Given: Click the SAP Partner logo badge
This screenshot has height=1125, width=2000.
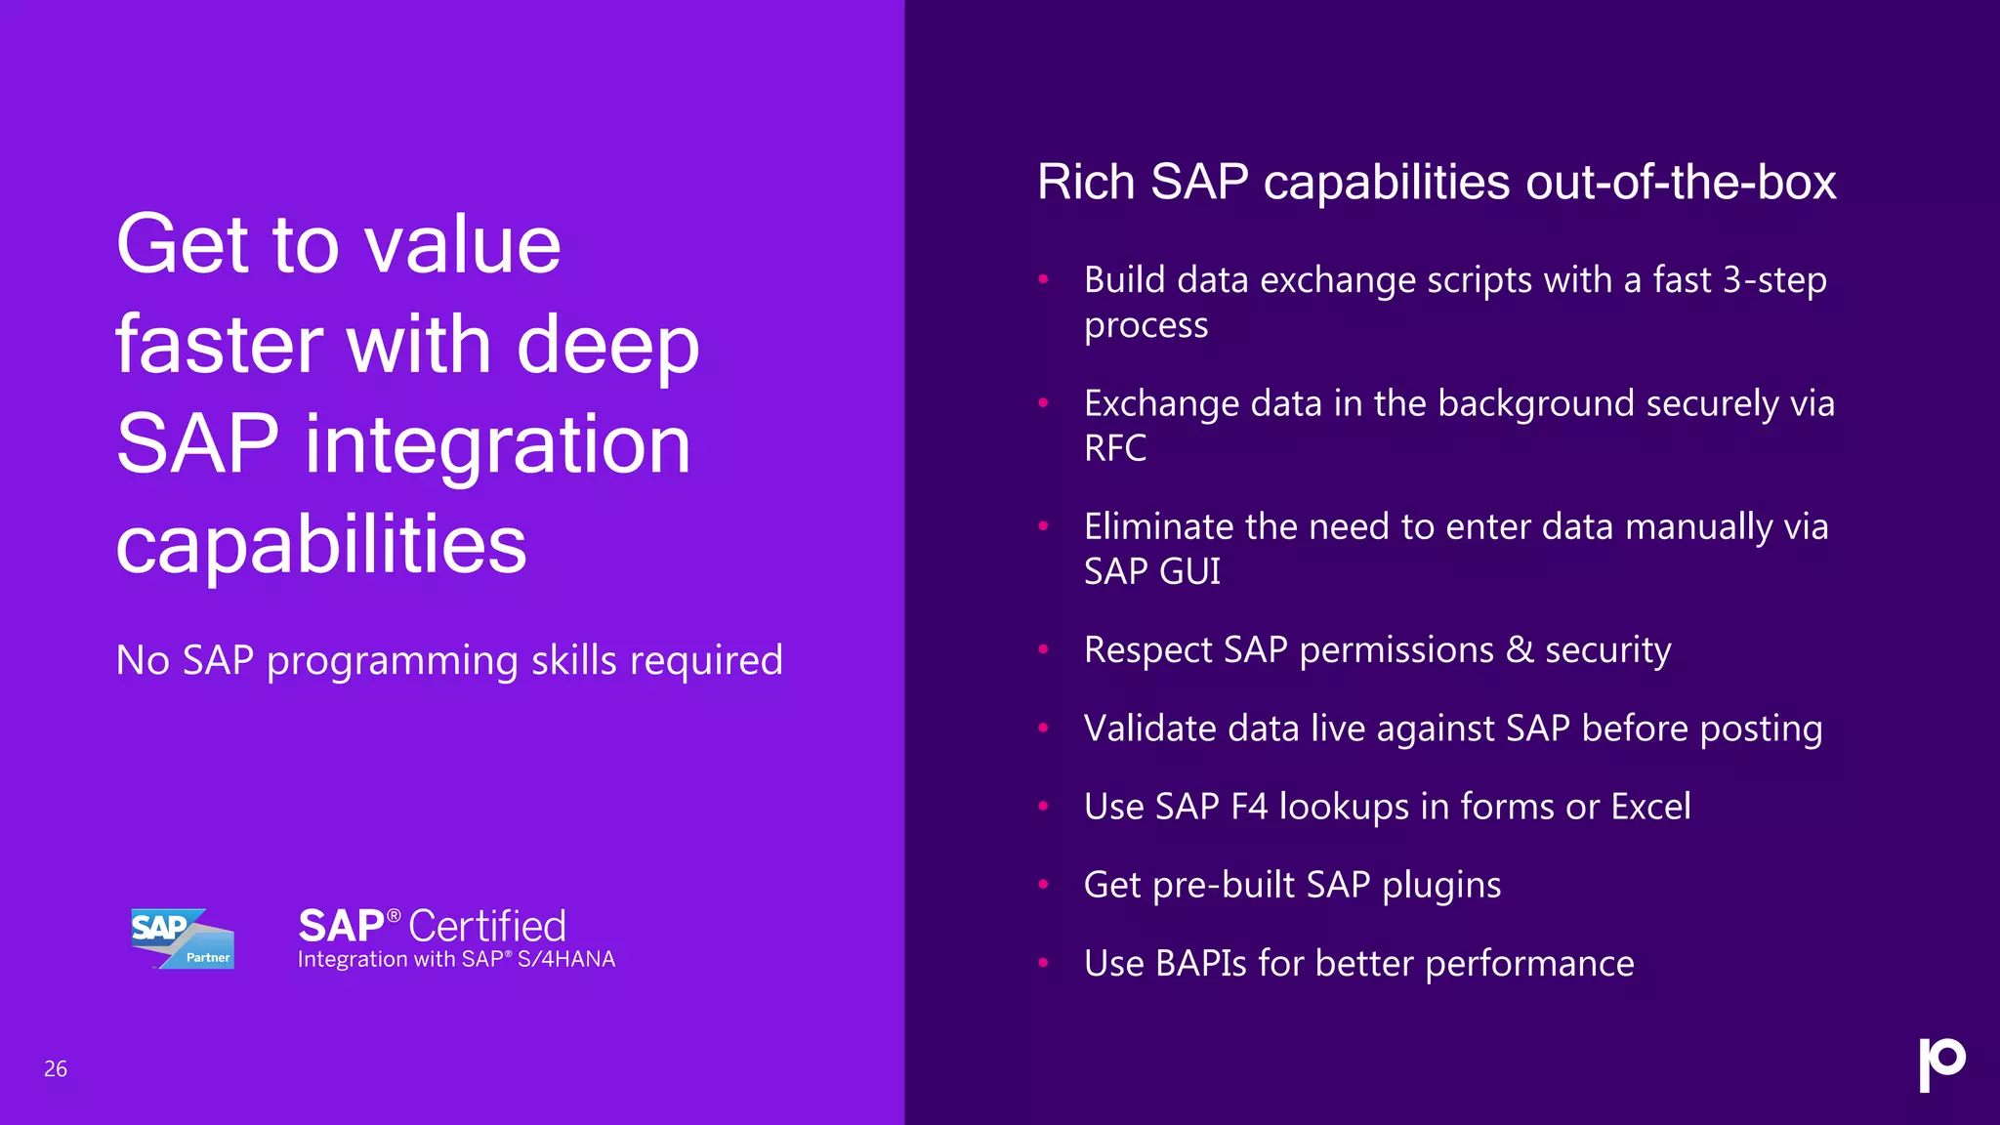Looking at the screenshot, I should [x=183, y=938].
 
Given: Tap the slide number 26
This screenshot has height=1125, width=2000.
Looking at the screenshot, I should [x=56, y=1069].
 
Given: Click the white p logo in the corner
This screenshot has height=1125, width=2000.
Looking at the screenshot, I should [x=1941, y=1063].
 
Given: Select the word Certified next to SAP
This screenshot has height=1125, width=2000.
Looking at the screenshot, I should [x=486, y=926].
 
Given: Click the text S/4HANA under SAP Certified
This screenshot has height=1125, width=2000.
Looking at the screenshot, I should [x=566, y=959].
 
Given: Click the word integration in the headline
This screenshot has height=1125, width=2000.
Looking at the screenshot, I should [x=498, y=444].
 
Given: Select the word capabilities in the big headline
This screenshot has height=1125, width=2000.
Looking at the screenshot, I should [x=320, y=545].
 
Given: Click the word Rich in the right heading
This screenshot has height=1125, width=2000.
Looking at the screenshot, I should [x=1086, y=183].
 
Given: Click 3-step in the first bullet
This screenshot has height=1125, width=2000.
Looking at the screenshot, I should [x=1773, y=280].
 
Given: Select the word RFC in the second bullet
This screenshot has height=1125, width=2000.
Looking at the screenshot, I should [x=1115, y=448].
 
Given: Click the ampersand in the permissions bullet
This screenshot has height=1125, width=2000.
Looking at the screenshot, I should [x=1519, y=649].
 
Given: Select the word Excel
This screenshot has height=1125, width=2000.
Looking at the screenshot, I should [x=1650, y=807].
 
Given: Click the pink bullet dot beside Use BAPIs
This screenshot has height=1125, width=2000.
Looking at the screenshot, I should [x=1043, y=963].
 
